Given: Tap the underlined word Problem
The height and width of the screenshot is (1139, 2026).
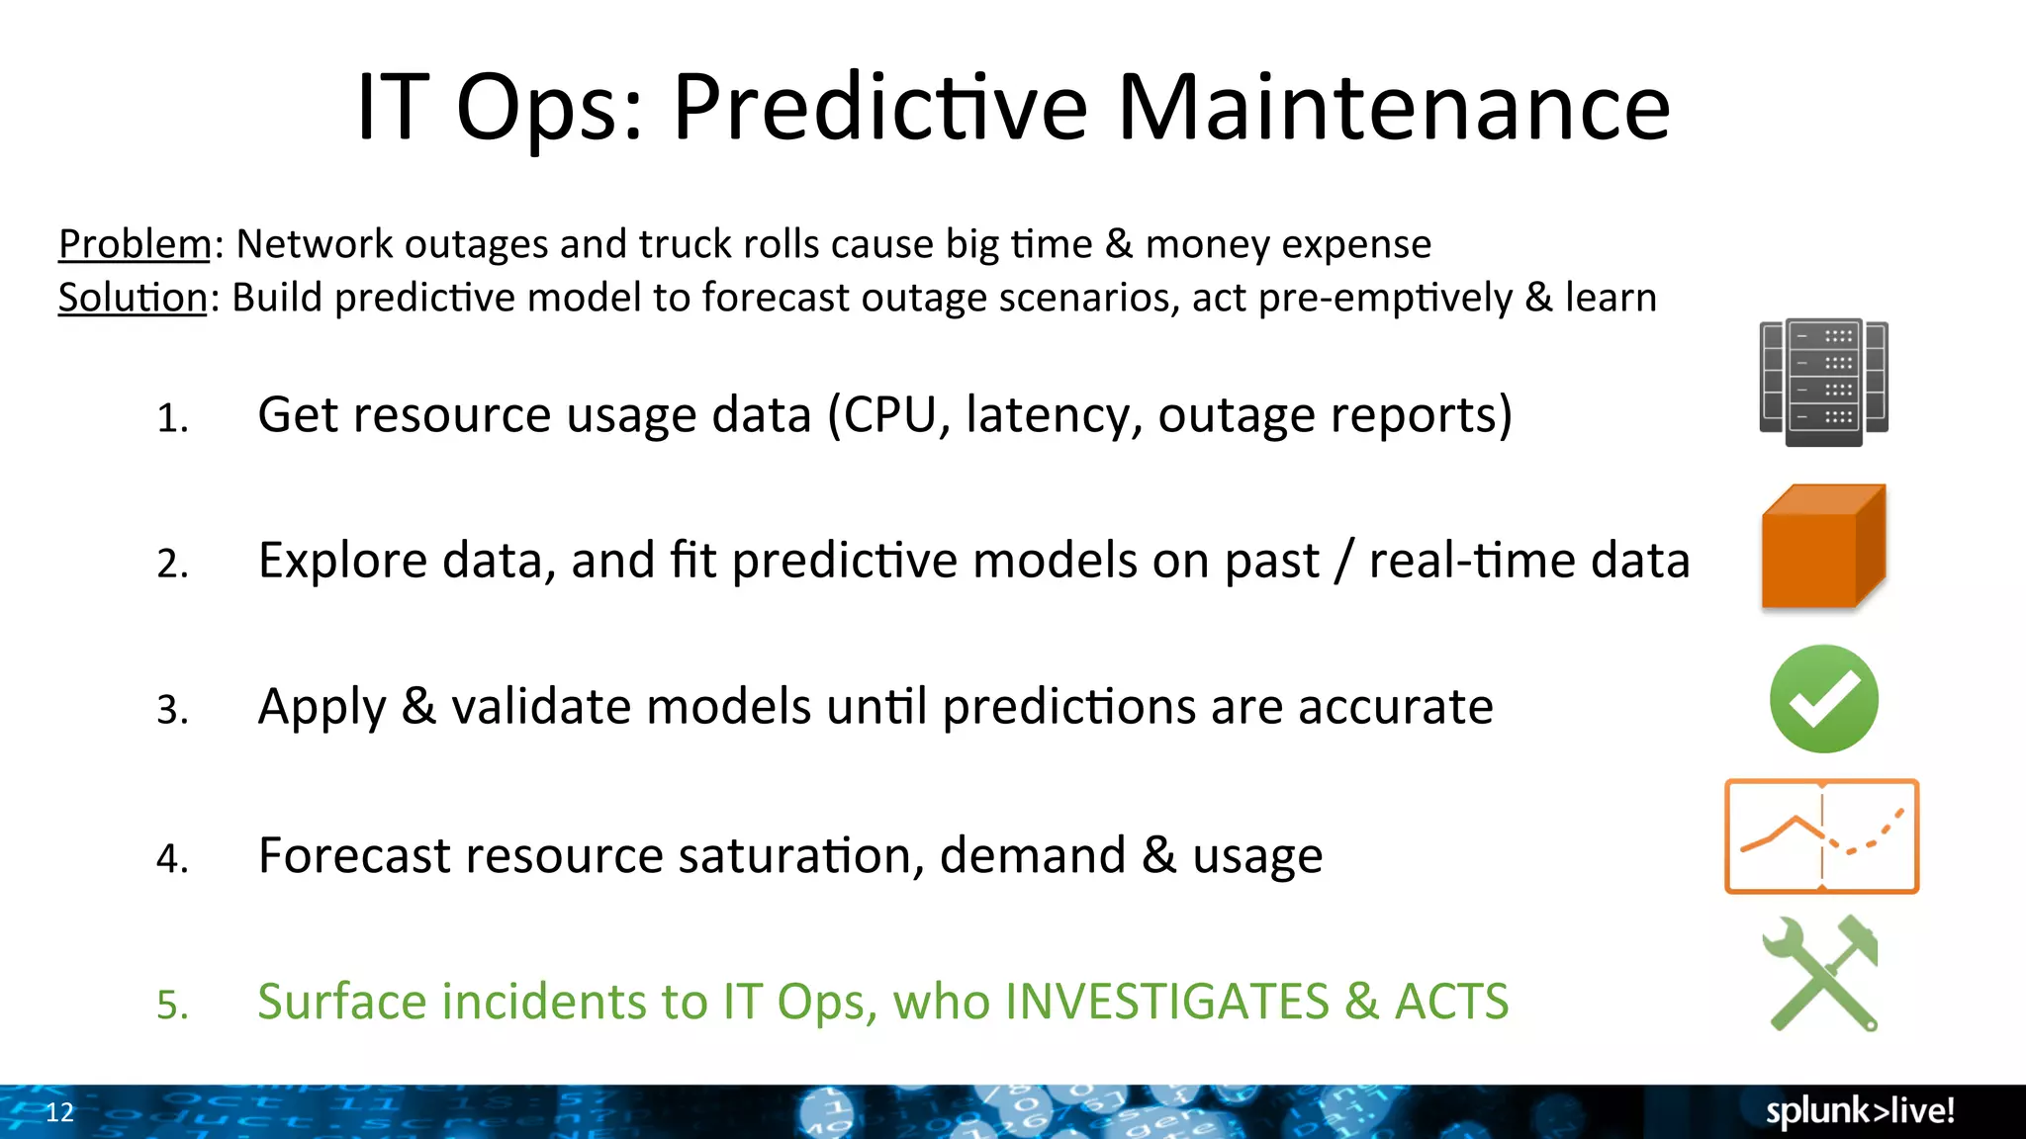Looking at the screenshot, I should (135, 244).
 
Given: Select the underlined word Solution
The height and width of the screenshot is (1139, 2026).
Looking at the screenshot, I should (133, 298).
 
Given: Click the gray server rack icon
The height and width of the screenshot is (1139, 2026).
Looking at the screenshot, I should (1823, 382).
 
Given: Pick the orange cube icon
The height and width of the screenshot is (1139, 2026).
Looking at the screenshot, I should (1823, 546).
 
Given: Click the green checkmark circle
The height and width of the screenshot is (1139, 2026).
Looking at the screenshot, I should (1823, 699).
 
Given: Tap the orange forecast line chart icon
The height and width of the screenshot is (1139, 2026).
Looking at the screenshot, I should (1821, 836).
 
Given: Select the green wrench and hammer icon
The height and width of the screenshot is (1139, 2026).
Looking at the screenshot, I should (1821, 974).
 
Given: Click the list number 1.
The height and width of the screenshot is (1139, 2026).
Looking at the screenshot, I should (172, 418).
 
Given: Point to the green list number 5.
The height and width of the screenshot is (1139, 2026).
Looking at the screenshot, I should (172, 1006).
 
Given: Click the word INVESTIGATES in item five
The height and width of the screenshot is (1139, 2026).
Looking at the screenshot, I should (1166, 1002).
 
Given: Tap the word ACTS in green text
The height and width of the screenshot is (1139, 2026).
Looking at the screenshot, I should (1451, 1002).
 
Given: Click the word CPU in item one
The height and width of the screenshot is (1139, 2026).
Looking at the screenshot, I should (889, 415).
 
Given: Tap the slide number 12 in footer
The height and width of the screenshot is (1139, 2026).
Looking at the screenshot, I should (59, 1112).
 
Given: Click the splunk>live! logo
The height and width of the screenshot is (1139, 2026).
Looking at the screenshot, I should (1860, 1111).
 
